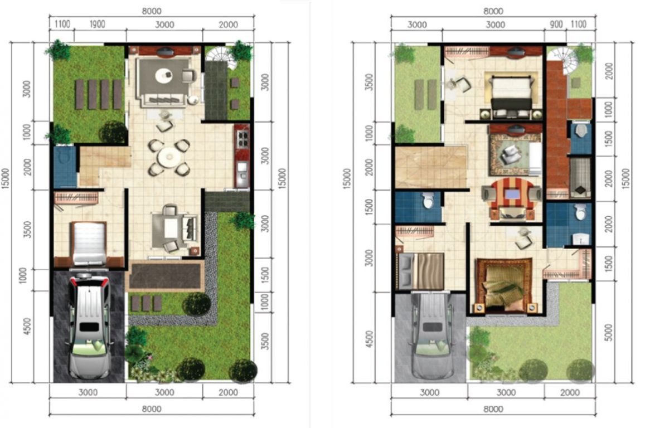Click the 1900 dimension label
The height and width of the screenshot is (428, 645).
tap(98, 25)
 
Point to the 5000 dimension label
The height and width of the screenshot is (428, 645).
tap(609, 332)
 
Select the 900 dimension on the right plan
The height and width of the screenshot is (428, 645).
tap(556, 25)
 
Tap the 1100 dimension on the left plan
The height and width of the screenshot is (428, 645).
tap(62, 25)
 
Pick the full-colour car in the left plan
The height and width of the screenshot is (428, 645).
tap(89, 325)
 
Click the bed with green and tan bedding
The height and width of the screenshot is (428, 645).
tap(505, 286)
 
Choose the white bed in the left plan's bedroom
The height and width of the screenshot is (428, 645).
tap(89, 243)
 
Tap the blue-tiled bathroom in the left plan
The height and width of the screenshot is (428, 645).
tap(65, 167)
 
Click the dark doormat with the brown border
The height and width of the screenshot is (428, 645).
tap(167, 276)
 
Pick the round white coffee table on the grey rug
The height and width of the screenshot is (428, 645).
tap(163, 75)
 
